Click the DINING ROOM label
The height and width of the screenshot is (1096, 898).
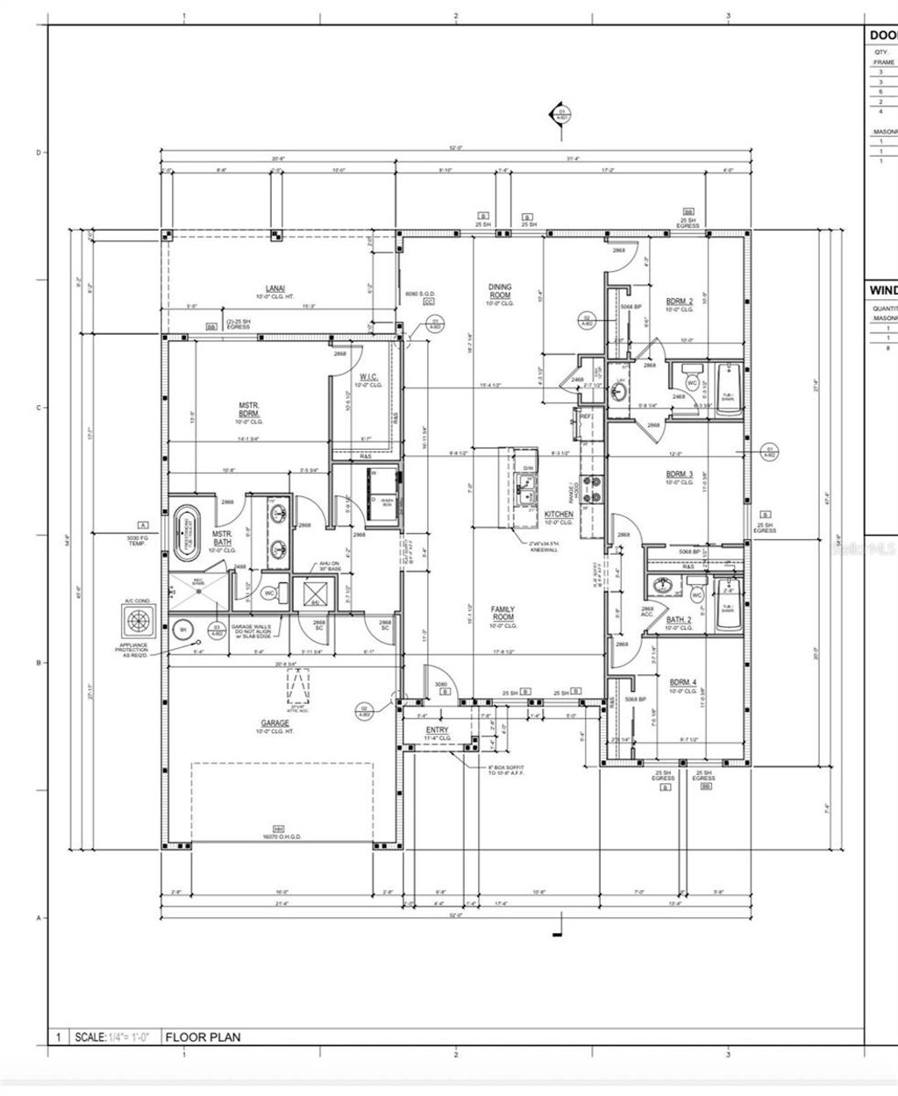point(500,291)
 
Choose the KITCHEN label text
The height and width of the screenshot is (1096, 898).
point(559,515)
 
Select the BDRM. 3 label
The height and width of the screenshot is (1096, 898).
point(680,474)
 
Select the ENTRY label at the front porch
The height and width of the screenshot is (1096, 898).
point(437,729)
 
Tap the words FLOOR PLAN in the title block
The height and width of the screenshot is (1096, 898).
point(203,1037)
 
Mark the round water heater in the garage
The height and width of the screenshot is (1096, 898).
point(182,629)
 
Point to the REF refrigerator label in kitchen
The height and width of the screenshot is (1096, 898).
point(585,416)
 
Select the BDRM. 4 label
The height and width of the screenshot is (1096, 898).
point(683,682)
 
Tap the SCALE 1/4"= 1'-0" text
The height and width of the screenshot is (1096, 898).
point(111,1037)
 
